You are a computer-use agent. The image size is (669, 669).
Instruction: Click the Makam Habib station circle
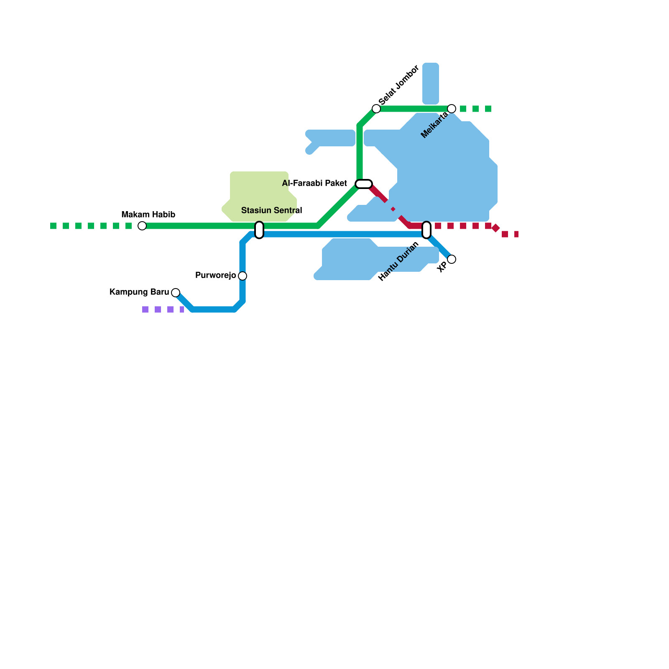pyautogui.click(x=142, y=226)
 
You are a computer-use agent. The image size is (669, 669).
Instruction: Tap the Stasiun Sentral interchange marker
pyautogui.click(x=259, y=230)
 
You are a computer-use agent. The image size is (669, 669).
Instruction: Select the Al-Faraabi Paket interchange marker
pyautogui.click(x=364, y=184)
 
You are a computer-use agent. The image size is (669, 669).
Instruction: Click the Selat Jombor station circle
pyautogui.click(x=376, y=109)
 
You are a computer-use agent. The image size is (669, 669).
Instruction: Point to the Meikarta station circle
pyautogui.click(x=452, y=109)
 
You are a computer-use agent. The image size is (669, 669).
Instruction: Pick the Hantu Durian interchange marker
pyautogui.click(x=426, y=230)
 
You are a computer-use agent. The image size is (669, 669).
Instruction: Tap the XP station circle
pyautogui.click(x=452, y=259)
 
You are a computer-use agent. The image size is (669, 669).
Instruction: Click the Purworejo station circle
pyautogui.click(x=243, y=276)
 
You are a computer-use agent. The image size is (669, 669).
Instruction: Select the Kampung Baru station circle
pyautogui.click(x=176, y=293)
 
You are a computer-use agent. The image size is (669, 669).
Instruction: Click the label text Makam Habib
pyautogui.click(x=148, y=215)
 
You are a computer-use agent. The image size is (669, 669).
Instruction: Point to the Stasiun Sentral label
pyautogui.click(x=271, y=211)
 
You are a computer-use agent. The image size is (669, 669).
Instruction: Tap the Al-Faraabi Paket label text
pyautogui.click(x=314, y=184)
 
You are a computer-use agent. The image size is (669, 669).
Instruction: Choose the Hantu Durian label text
pyautogui.click(x=398, y=262)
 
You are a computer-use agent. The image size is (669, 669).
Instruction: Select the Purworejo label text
pyautogui.click(x=215, y=276)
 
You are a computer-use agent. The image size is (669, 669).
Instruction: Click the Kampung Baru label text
pyautogui.click(x=139, y=292)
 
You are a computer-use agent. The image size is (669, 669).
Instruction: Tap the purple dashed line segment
pyautogui.click(x=163, y=309)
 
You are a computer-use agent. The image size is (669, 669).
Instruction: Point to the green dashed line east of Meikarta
pyautogui.click(x=476, y=109)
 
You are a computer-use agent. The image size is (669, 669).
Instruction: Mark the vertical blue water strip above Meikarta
pyautogui.click(x=431, y=84)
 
